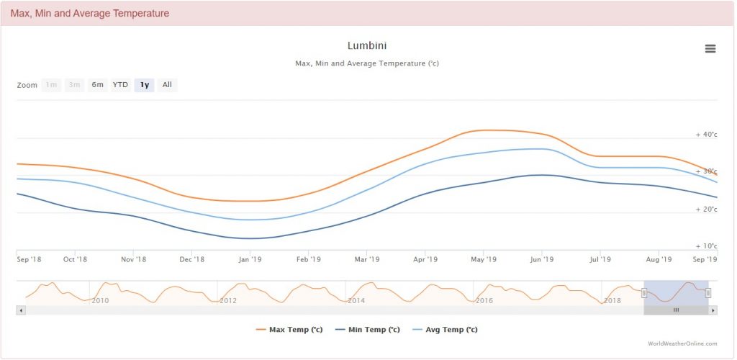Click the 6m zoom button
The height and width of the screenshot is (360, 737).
pyautogui.click(x=97, y=85)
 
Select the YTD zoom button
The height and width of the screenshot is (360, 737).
pyautogui.click(x=120, y=85)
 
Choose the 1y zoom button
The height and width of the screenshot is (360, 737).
pyautogui.click(x=145, y=85)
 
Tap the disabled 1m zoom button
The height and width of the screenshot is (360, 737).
pyautogui.click(x=51, y=85)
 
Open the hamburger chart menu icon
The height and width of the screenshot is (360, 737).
pyautogui.click(x=710, y=48)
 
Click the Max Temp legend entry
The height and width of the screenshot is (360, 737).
pyautogui.click(x=289, y=330)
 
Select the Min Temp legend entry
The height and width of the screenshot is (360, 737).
pyautogui.click(x=368, y=330)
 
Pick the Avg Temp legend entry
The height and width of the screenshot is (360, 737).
pyautogui.click(x=446, y=330)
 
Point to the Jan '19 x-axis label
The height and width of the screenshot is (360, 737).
pyautogui.click(x=249, y=259)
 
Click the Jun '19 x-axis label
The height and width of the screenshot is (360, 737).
pyautogui.click(x=541, y=259)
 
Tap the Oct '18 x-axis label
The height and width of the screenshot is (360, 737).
pyautogui.click(x=75, y=259)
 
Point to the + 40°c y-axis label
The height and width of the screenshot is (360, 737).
pyautogui.click(x=706, y=135)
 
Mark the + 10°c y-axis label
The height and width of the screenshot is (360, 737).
pyautogui.click(x=706, y=246)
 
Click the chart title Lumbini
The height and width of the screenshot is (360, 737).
pyautogui.click(x=367, y=46)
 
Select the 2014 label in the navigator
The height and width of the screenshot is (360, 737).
pyautogui.click(x=356, y=300)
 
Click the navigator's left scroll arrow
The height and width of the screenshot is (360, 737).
pyautogui.click(x=20, y=310)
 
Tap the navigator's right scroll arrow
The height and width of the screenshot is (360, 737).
pyautogui.click(x=713, y=310)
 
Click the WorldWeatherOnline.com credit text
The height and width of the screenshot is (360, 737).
pyautogui.click(x=682, y=344)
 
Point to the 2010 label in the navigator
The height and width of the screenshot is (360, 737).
pyautogui.click(x=100, y=300)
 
